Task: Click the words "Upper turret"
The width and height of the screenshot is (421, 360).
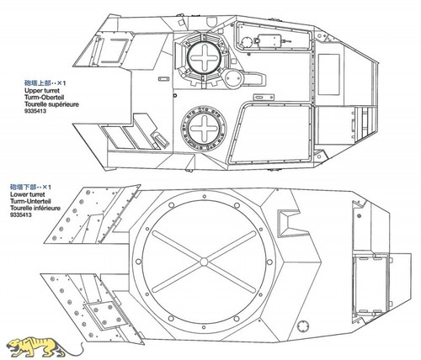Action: (42, 91)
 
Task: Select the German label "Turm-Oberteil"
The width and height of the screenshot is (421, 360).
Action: (44, 98)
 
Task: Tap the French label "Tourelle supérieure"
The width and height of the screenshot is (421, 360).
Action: (51, 104)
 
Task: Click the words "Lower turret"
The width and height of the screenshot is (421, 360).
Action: (28, 194)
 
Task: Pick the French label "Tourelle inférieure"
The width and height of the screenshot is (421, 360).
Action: (35, 208)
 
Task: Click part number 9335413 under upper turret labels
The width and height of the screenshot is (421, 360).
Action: (35, 111)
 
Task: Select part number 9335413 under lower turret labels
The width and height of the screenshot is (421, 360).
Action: (21, 214)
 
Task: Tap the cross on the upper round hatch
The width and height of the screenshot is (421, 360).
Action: (204, 58)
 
